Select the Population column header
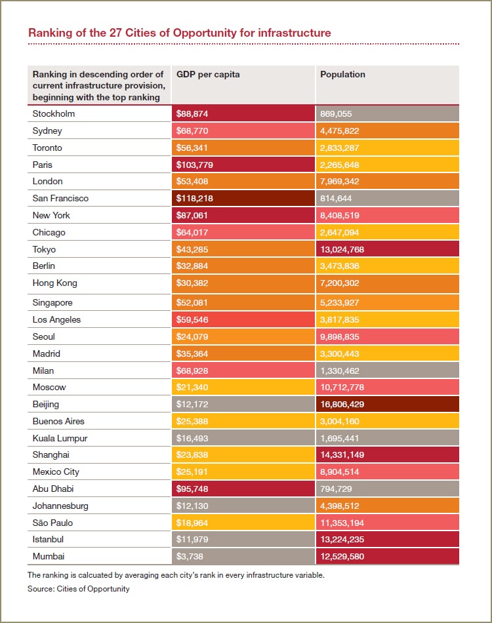click(342, 74)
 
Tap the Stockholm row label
click(54, 113)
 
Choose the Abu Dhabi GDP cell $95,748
click(195, 489)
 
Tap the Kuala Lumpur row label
click(60, 438)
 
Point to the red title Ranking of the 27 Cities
click(179, 32)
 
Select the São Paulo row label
click(52, 523)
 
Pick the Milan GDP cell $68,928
click(195, 371)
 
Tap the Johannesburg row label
click(60, 506)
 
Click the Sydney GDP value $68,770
click(195, 131)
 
